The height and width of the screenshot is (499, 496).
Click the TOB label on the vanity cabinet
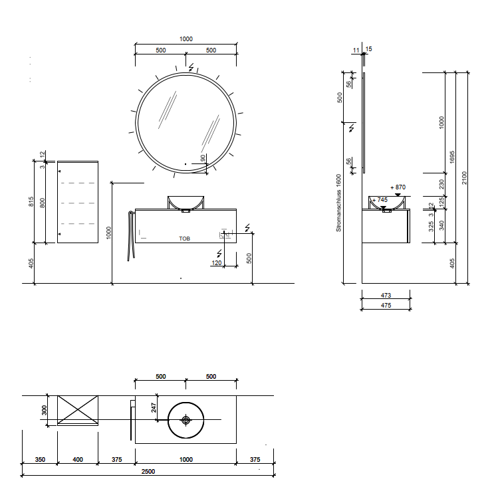click(x=184, y=239)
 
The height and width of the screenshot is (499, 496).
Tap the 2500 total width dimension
click(x=148, y=471)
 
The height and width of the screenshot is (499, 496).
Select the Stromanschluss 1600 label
click(x=338, y=203)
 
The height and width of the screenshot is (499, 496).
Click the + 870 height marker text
click(x=398, y=187)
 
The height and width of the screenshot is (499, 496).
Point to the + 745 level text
click(x=380, y=200)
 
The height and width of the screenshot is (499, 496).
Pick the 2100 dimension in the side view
click(x=464, y=177)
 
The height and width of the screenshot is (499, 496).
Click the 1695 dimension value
click(x=451, y=157)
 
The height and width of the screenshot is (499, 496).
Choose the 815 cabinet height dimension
click(x=31, y=202)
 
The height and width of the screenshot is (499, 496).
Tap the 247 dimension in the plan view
click(x=154, y=408)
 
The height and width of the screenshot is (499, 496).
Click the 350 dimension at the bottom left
click(x=40, y=460)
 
